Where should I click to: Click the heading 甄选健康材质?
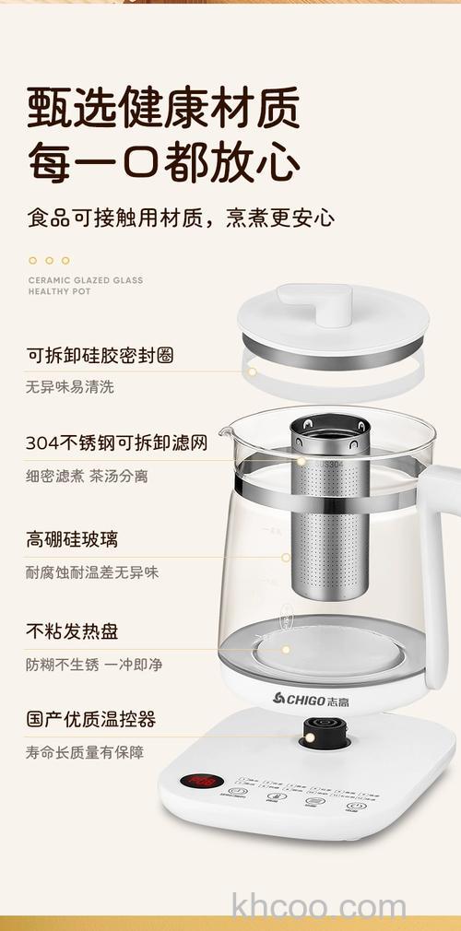(x=163, y=108)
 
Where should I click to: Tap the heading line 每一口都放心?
(x=163, y=162)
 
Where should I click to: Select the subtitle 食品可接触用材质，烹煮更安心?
(x=181, y=218)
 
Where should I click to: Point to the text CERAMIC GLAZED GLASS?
(x=86, y=280)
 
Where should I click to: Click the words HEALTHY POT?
(x=60, y=291)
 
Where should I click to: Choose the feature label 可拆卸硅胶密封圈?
(x=100, y=355)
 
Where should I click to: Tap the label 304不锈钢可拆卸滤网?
(x=116, y=443)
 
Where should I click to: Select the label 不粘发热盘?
(x=72, y=631)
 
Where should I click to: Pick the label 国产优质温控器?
(x=90, y=719)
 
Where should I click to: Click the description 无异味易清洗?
(x=70, y=387)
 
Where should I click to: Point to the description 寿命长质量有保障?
(x=85, y=752)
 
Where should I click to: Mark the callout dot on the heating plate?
(x=286, y=649)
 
